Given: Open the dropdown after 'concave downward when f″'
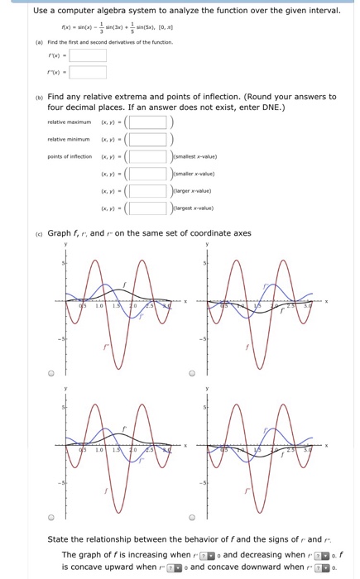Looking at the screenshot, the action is [x=323, y=567].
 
